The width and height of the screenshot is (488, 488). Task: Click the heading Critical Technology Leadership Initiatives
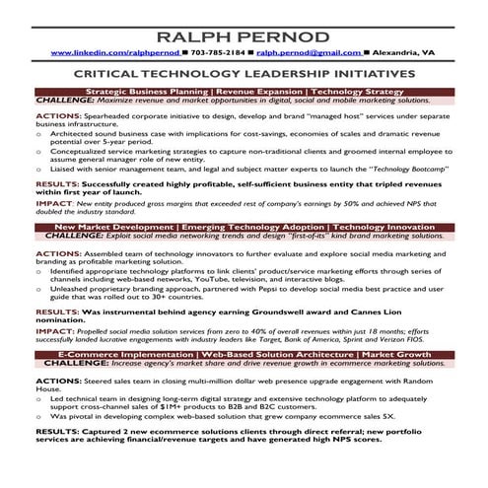click(244, 74)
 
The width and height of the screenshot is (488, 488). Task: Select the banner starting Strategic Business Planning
click(244, 91)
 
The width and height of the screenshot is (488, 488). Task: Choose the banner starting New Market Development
click(244, 228)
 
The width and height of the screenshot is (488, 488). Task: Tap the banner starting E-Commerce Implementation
click(244, 352)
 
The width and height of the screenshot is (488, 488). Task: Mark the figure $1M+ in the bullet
click(176, 405)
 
